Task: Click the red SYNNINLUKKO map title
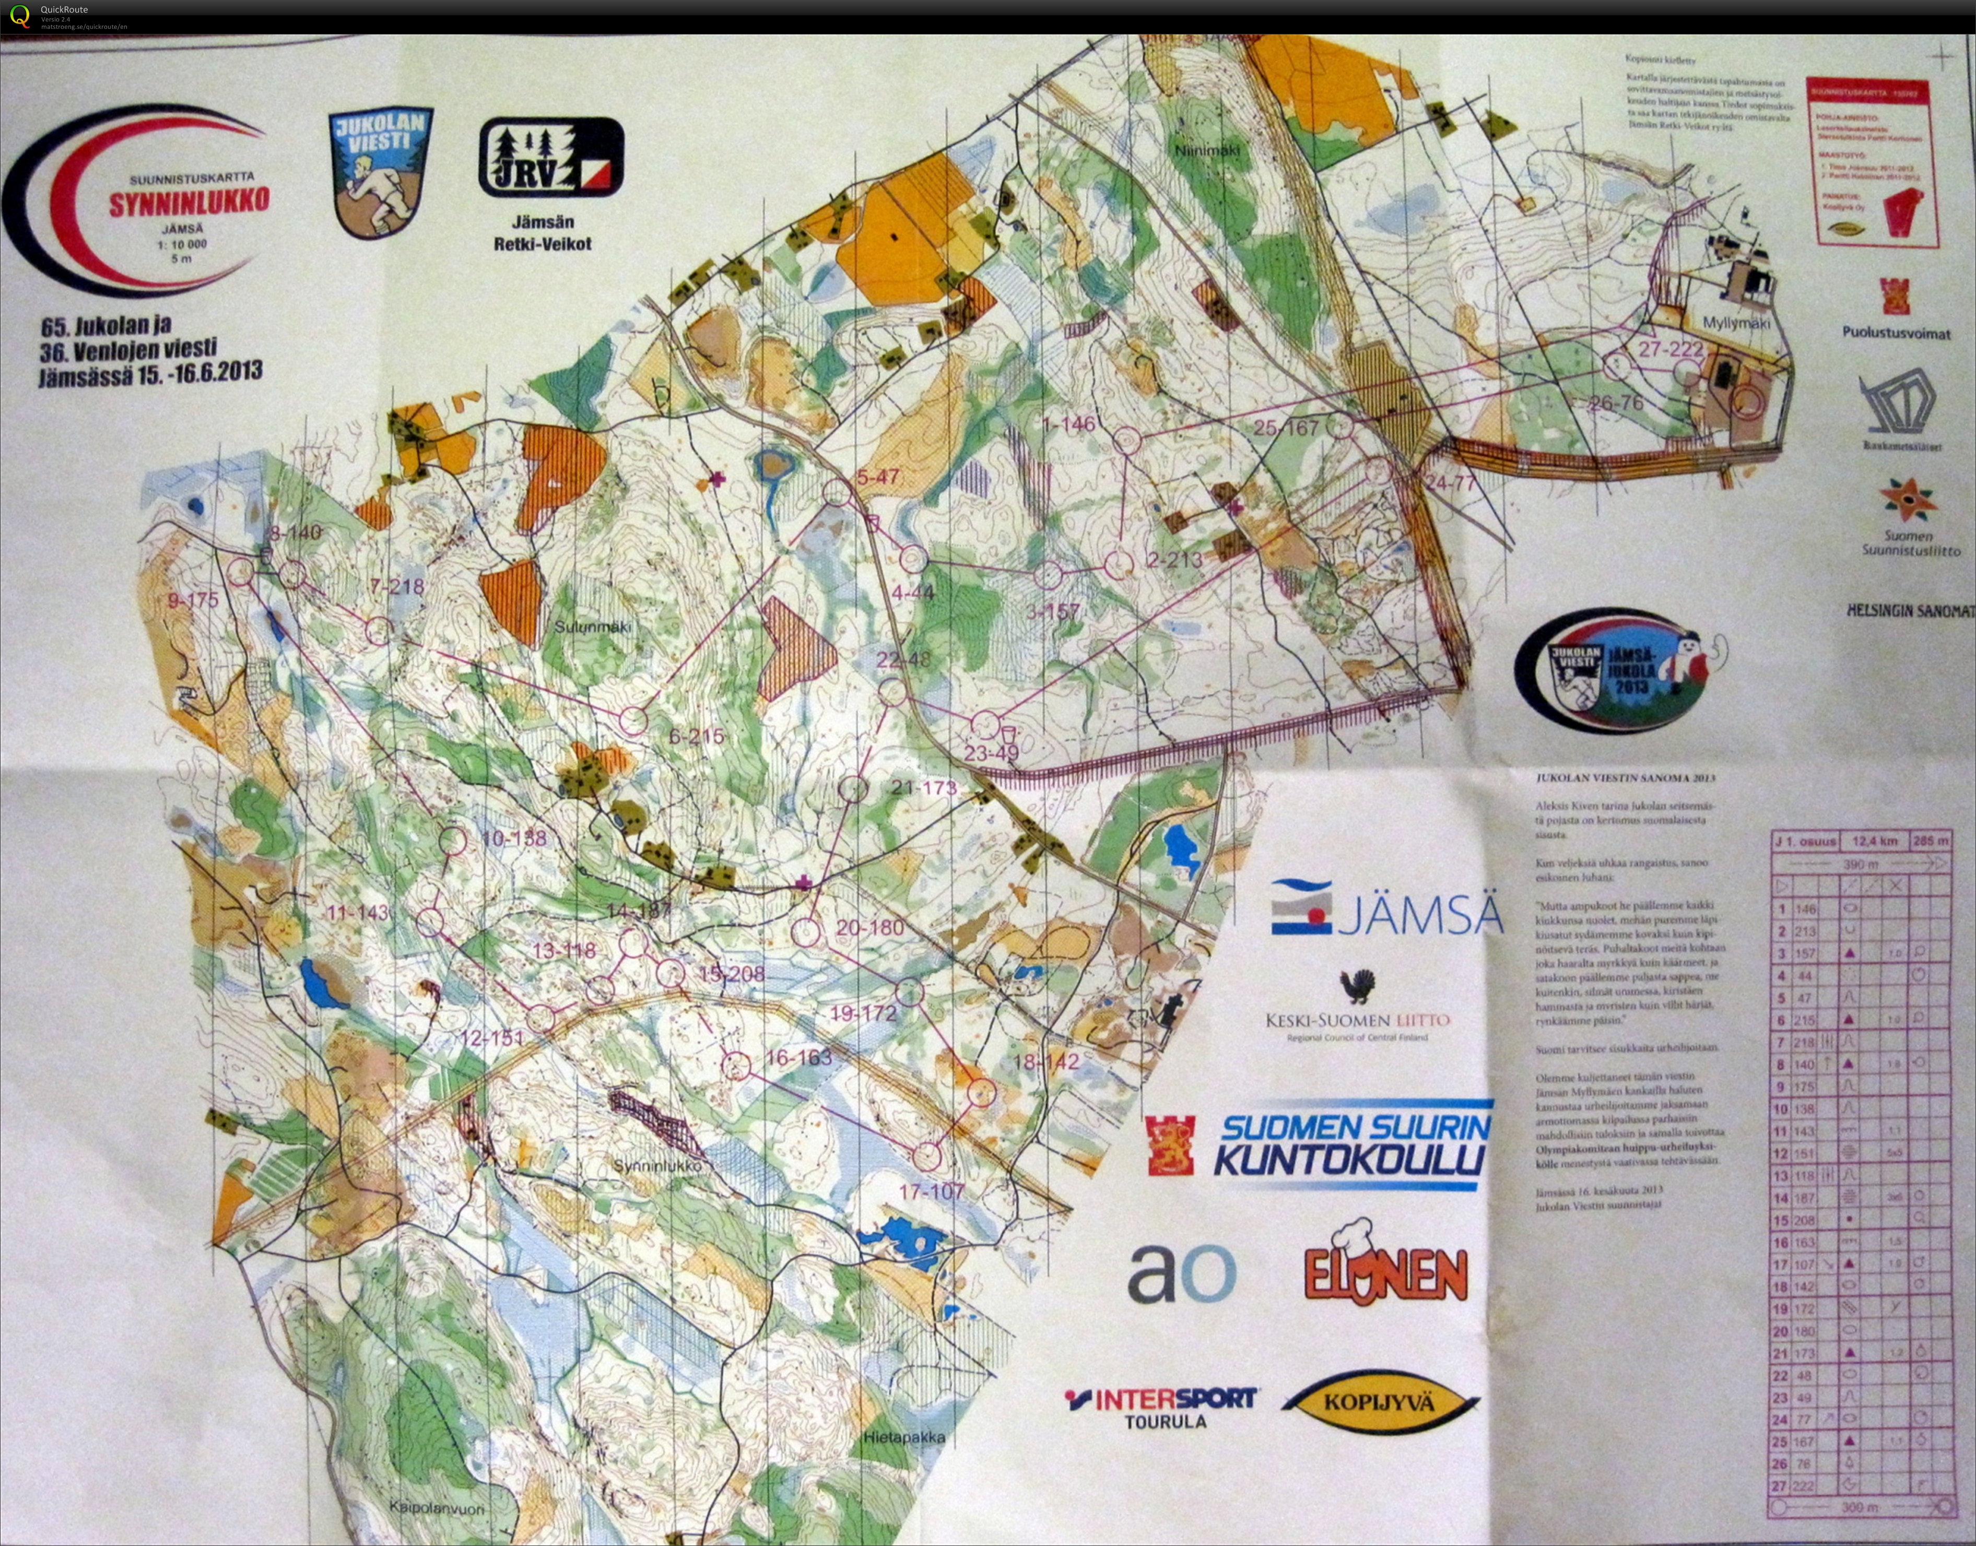click(189, 202)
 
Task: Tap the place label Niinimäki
click(1207, 150)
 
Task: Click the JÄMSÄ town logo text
click(1418, 916)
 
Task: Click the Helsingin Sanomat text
click(1910, 611)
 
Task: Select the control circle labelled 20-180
click(806, 931)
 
